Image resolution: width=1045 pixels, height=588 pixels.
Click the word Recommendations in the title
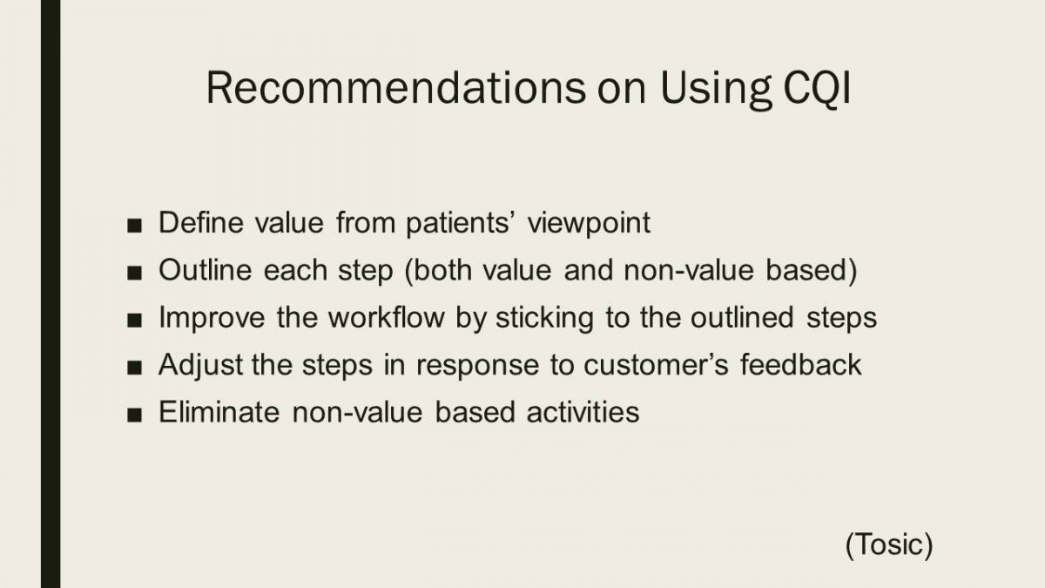pyautogui.click(x=395, y=87)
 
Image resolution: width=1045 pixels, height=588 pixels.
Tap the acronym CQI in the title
pyautogui.click(x=818, y=89)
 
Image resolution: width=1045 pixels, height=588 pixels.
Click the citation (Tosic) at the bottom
pyautogui.click(x=889, y=544)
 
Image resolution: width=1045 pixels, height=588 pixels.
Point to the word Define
pyautogui.click(x=201, y=222)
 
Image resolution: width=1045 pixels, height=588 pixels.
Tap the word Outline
pyautogui.click(x=206, y=270)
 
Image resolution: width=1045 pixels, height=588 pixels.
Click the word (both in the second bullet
pyautogui.click(x=439, y=271)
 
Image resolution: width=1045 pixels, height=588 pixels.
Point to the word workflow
pyautogui.click(x=387, y=317)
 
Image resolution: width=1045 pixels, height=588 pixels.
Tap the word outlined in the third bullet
pyautogui.click(x=742, y=317)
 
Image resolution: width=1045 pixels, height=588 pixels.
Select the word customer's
pyautogui.click(x=656, y=365)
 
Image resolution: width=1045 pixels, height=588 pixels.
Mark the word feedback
pyautogui.click(x=800, y=364)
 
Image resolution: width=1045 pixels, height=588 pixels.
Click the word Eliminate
pyautogui.click(x=219, y=411)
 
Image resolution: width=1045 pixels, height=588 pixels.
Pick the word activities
pyautogui.click(x=583, y=411)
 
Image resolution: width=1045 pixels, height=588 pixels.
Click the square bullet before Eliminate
pyautogui.click(x=134, y=415)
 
